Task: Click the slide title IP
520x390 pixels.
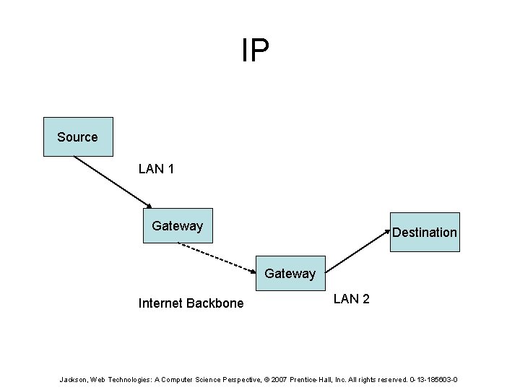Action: click(x=255, y=51)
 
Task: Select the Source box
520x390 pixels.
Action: click(x=77, y=136)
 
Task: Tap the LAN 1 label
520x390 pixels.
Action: click(x=155, y=169)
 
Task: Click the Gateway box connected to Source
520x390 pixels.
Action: click(x=178, y=225)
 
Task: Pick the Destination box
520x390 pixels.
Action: click(x=425, y=232)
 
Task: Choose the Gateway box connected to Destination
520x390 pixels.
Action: click(x=290, y=273)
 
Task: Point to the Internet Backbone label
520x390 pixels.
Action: click(x=191, y=303)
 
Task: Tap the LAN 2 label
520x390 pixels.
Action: click(x=351, y=298)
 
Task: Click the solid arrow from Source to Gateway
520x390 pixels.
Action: click(x=112, y=181)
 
